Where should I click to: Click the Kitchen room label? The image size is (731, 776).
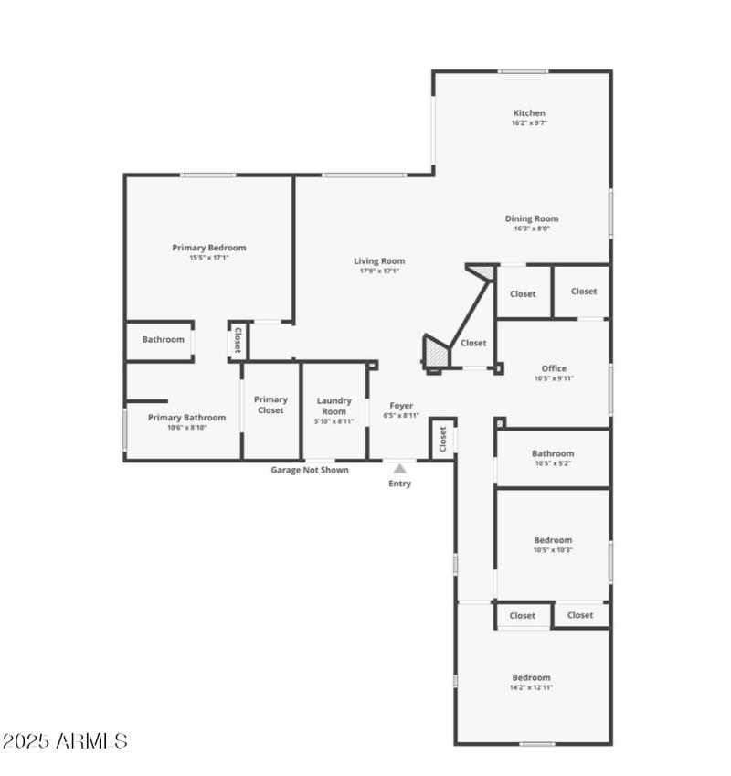coord(529,113)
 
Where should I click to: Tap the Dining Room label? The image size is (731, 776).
coord(531,218)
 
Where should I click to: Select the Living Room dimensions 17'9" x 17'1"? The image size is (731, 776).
coord(379,271)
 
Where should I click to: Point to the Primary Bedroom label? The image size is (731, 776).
coord(209,247)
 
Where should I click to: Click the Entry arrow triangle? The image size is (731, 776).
coord(399,469)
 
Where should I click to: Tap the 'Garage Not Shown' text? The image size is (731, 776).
coord(309,470)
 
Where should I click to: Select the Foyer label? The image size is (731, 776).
coord(401,405)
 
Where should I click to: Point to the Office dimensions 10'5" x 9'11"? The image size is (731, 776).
coord(554,378)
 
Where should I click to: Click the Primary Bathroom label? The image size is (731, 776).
coord(186,417)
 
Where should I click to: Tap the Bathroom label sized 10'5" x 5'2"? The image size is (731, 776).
coord(553,453)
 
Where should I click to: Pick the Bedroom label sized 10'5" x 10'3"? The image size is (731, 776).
coord(553,540)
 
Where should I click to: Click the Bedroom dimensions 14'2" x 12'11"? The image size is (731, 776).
coord(531,687)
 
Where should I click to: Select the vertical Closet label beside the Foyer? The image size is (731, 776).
coord(442,440)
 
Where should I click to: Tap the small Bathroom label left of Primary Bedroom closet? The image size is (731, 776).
coord(163,339)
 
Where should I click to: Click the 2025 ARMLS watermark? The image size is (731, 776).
coord(66,740)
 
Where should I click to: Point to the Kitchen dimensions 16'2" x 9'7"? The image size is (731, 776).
coord(529,122)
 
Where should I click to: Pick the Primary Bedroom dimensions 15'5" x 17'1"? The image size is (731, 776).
coord(209,257)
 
